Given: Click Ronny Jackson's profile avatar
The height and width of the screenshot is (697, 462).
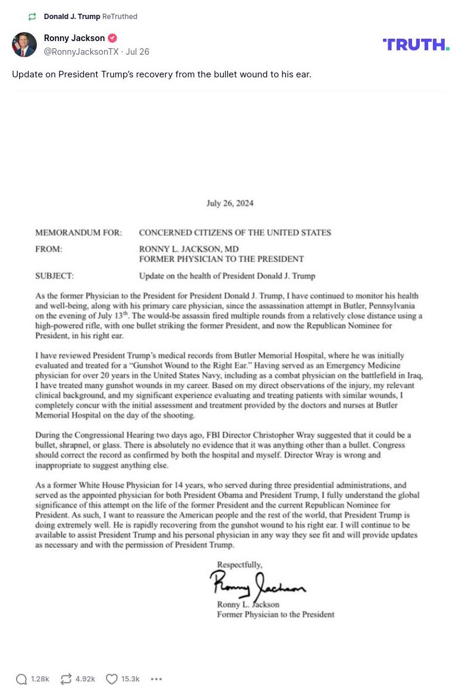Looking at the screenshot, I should pos(24,45).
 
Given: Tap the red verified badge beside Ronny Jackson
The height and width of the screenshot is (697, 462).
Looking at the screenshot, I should pos(112,38).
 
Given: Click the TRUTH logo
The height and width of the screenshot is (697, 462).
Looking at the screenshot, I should pos(416,45).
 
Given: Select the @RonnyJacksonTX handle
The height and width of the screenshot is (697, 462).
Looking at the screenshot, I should pos(81,52).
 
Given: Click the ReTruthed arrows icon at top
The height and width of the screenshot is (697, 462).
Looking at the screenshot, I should pos(32,17).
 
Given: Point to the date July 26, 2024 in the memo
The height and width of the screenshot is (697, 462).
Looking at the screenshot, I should pos(230,203).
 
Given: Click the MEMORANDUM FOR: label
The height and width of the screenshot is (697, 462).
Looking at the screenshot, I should pos(78,233).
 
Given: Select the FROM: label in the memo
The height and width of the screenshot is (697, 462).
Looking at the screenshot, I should pos(49,249).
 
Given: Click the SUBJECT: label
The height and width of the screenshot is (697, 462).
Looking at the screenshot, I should pos(55,276).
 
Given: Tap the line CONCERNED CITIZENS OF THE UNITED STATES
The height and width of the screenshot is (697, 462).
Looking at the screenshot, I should pos(235,233).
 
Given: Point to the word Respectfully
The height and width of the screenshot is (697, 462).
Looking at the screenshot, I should pos(239,564).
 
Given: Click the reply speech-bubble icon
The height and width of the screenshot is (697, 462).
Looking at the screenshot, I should pos(21,679).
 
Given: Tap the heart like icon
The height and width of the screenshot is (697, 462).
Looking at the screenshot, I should pos(111,679).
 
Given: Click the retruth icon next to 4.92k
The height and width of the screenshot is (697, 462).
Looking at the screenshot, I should pos(66,679).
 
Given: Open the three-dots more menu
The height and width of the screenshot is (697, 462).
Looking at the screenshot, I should pos(156,679).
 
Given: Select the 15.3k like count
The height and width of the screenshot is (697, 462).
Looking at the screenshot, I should pos(130,679).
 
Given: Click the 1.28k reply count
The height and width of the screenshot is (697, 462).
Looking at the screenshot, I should pos(40,679).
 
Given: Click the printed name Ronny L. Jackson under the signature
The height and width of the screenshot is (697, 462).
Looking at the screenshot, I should pos(248,605).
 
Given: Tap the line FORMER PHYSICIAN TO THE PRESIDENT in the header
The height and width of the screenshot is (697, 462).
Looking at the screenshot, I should pos(221,260).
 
